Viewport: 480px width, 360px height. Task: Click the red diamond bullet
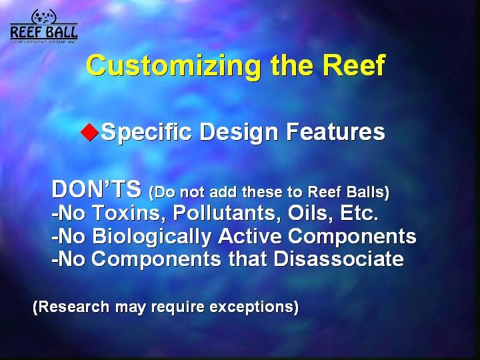[90, 132]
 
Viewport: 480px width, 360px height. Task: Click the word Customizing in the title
[173, 66]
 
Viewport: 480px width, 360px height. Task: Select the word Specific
[146, 132]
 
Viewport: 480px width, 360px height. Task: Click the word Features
[335, 131]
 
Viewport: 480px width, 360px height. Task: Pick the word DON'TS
[97, 189]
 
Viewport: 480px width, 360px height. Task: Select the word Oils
[311, 213]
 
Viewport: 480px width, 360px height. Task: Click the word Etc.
[359, 213]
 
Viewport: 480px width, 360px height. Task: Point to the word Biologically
[152, 237]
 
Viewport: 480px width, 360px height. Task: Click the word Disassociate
[339, 259]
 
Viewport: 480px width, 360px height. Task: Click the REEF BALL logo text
[44, 32]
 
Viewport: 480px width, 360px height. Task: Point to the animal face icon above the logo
[44, 16]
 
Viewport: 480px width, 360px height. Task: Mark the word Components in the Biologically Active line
[352, 237]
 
